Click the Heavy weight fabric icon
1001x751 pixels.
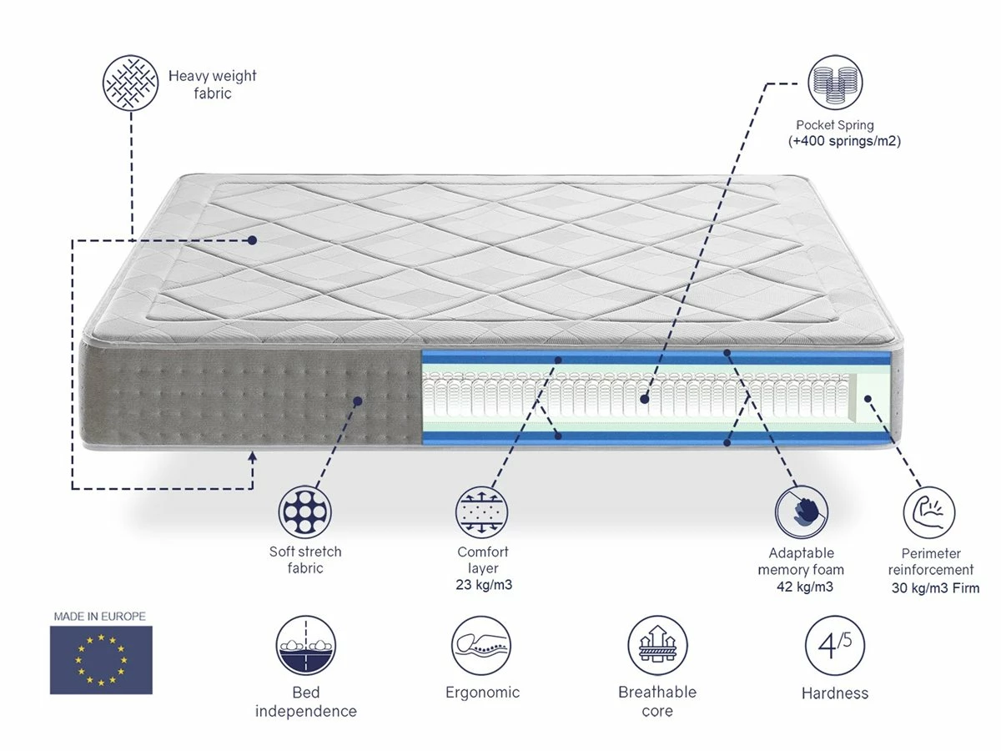pyautogui.click(x=129, y=84)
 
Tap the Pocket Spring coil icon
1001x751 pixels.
pyautogui.click(x=836, y=83)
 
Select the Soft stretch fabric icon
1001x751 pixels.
pyautogui.click(x=305, y=511)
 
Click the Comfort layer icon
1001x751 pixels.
pyautogui.click(x=482, y=511)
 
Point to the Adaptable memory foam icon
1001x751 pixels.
pyautogui.click(x=801, y=511)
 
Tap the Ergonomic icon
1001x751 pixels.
pyautogui.click(x=481, y=646)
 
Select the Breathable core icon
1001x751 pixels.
pyautogui.click(x=657, y=646)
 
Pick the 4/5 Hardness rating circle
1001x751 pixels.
pyautogui.click(x=834, y=646)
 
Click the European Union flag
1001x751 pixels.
pyautogui.click(x=101, y=660)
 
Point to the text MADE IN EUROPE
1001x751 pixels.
pyautogui.click(x=100, y=617)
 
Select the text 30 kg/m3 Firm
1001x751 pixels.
pyautogui.click(x=934, y=588)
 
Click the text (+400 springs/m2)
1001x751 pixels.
pyautogui.click(x=844, y=142)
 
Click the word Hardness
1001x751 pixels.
pyautogui.click(x=834, y=693)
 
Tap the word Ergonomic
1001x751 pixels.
pyautogui.click(x=482, y=693)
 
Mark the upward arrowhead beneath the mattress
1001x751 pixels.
pyautogui.click(x=254, y=456)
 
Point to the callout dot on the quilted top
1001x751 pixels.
pyautogui.click(x=253, y=240)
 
